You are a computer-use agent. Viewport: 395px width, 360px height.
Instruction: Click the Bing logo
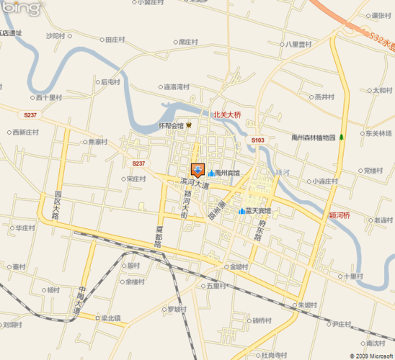point(20,9)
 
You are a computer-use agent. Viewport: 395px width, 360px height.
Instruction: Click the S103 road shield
point(259,140)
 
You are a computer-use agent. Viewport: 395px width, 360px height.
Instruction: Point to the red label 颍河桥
point(339,215)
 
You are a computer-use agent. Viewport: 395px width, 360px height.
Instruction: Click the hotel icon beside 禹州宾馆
point(211,173)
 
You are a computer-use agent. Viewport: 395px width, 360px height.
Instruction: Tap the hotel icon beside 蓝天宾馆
point(241,210)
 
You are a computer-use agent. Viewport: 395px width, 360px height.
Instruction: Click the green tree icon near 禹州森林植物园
point(342,137)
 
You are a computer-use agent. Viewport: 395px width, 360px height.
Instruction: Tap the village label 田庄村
point(116,40)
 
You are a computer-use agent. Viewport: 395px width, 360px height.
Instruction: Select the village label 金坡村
point(239,266)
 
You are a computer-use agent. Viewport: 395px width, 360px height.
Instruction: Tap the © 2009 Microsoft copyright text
point(368,355)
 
